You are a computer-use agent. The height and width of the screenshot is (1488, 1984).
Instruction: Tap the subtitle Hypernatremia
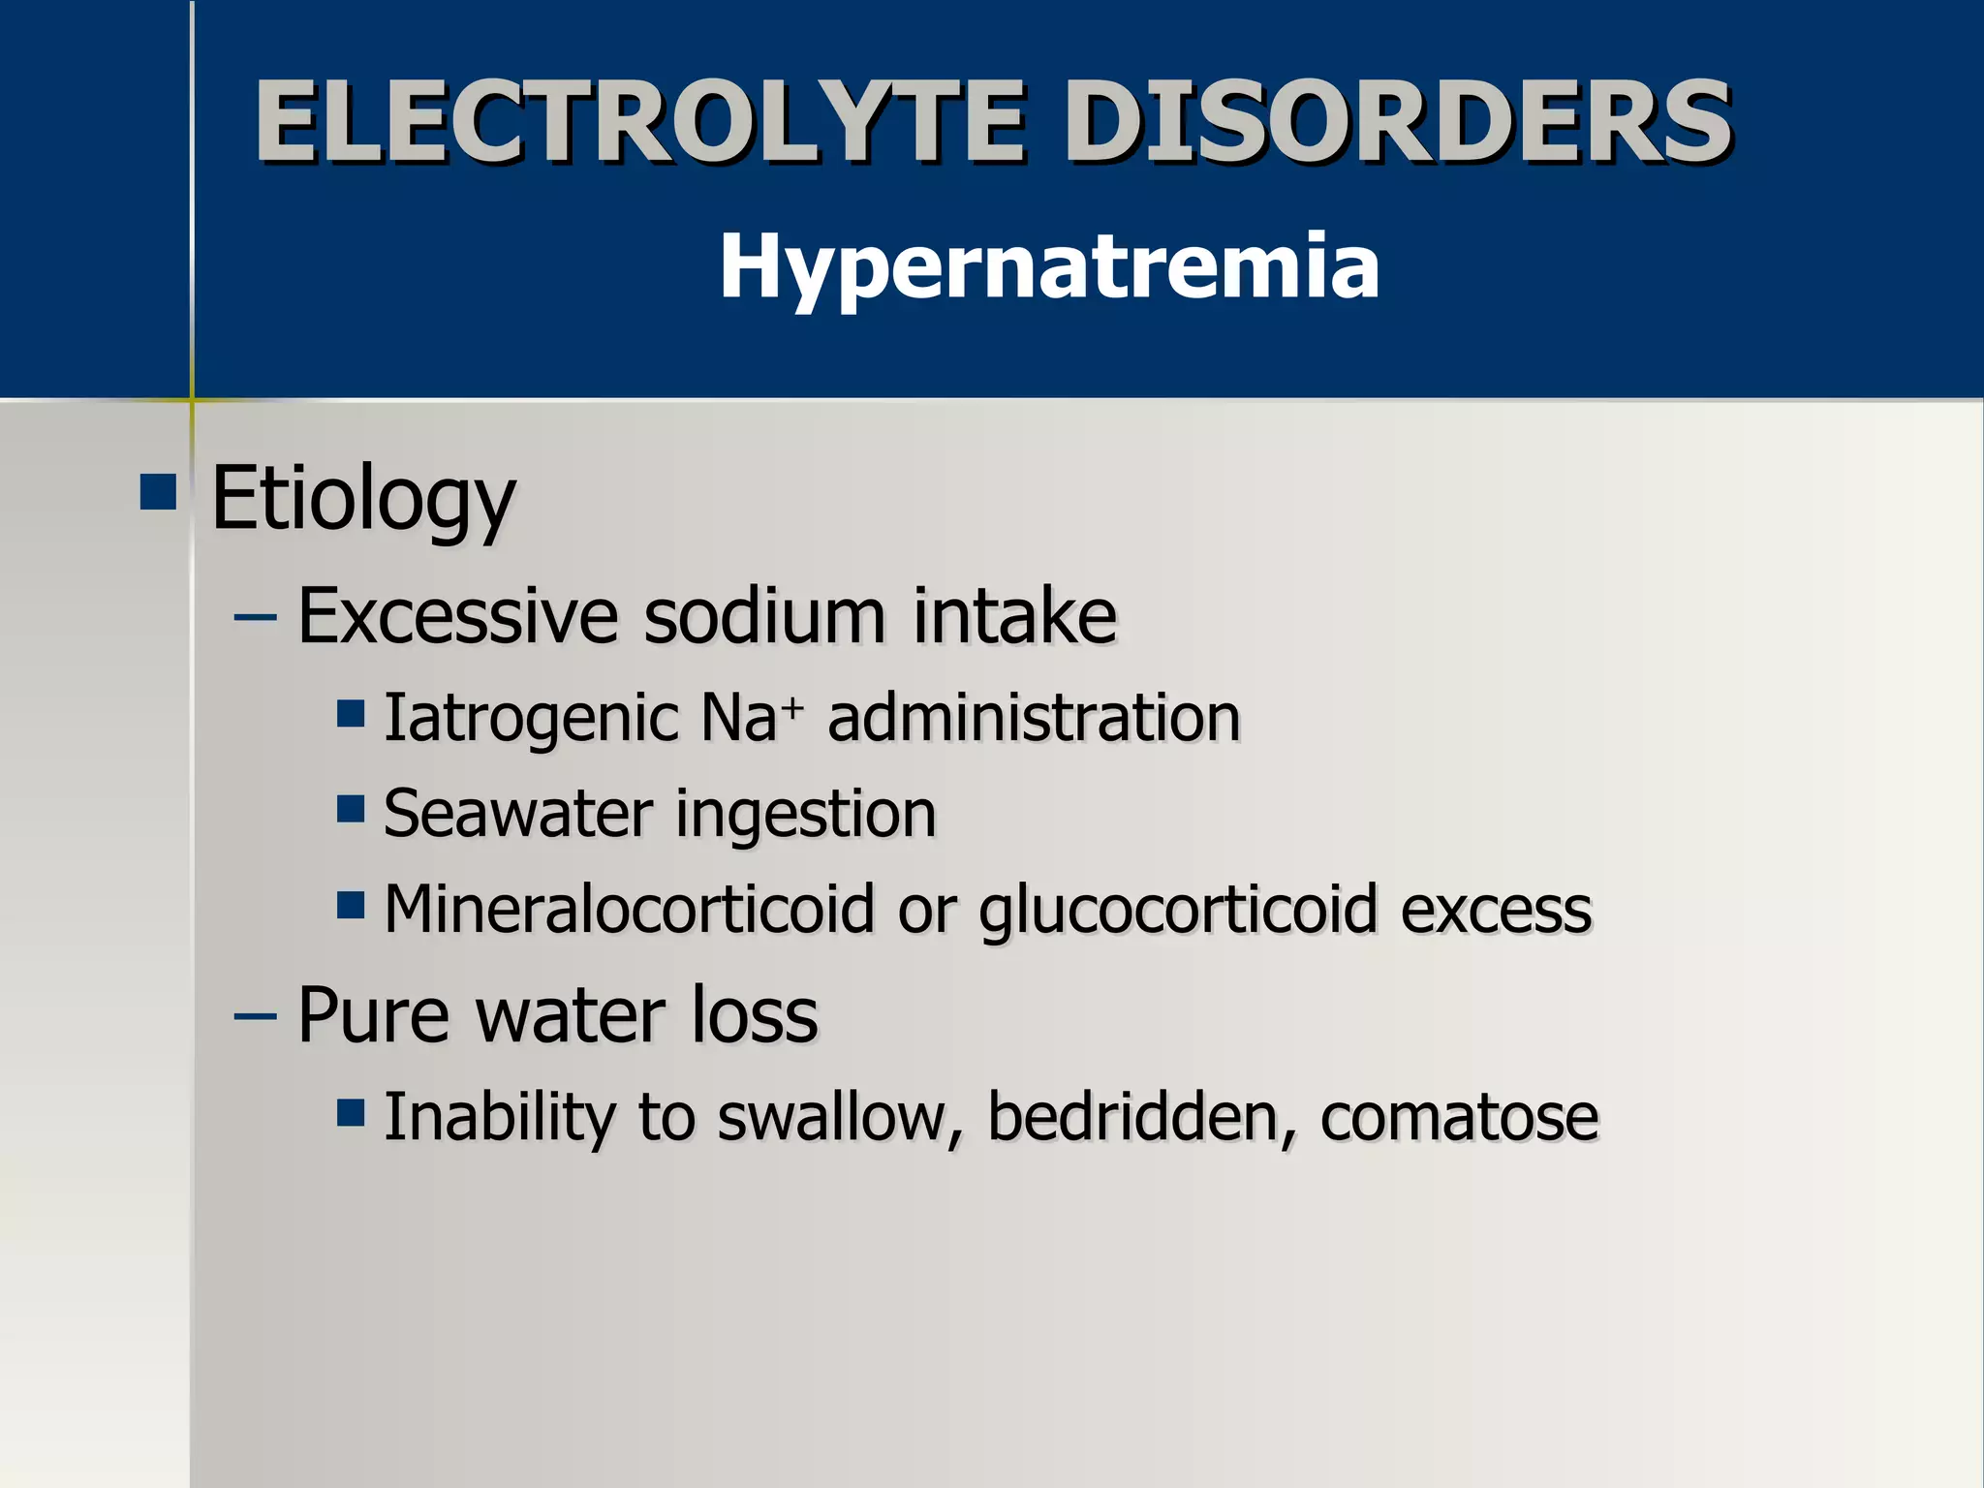1049,266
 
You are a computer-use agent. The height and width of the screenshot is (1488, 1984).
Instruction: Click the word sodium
764,616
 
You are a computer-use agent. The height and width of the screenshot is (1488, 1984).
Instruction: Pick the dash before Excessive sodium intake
256,617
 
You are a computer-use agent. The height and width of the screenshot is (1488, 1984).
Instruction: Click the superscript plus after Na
793,707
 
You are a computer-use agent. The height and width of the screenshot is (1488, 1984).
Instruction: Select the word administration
1034,719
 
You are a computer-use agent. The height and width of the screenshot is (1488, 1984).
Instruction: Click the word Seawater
517,814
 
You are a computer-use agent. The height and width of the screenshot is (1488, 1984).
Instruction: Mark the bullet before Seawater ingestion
351,808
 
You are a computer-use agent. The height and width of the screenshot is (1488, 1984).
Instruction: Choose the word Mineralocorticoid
629,910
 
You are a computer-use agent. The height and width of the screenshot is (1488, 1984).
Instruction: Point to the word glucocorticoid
1177,912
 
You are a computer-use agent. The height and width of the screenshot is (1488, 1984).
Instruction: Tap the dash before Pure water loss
256,1017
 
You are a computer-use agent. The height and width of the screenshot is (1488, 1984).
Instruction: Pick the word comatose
1459,1117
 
